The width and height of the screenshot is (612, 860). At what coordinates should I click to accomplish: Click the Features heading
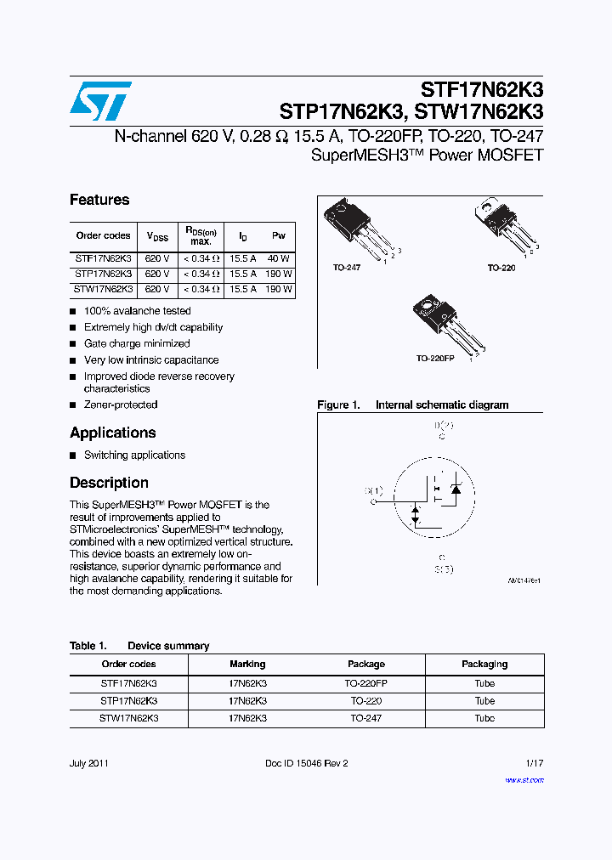coord(99,200)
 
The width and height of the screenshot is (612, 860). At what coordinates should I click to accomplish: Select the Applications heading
coord(112,433)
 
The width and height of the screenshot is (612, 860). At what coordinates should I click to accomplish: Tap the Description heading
coord(109,483)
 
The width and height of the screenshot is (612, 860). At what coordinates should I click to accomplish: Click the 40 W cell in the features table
coord(278,258)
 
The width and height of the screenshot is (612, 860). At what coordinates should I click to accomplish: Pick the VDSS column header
coord(157,236)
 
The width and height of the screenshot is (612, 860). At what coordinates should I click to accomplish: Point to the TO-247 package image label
coord(346,268)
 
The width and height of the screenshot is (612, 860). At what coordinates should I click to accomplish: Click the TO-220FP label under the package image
coord(435,359)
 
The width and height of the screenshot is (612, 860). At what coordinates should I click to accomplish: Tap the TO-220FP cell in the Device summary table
coord(366,683)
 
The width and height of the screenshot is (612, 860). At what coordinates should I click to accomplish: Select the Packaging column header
coord(484,664)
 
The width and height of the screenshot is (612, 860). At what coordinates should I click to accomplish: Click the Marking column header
coord(247,664)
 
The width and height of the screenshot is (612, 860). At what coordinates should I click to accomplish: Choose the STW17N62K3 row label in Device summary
coord(128,718)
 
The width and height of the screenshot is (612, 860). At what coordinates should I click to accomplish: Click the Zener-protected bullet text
coord(121,405)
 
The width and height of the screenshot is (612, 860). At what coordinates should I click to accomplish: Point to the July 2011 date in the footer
coord(88,763)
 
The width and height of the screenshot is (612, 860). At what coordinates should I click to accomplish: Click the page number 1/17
coord(534,763)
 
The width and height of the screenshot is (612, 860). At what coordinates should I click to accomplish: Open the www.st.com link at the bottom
coord(524,778)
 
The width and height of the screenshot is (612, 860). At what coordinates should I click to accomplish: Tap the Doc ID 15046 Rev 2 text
coord(307,763)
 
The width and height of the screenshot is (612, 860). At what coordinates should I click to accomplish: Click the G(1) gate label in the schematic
coord(374,490)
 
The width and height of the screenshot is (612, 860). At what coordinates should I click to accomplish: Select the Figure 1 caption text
coord(412,405)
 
